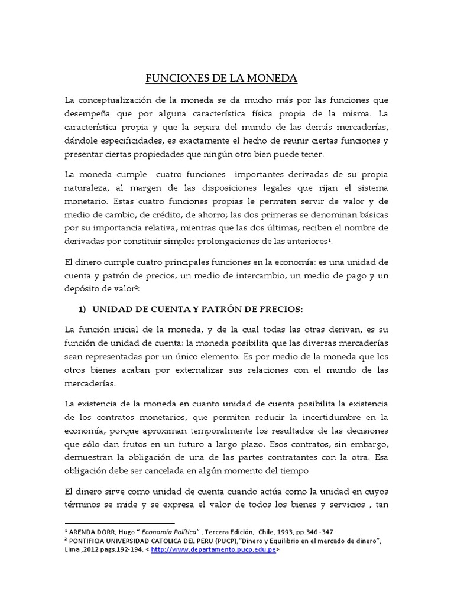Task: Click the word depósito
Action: [x=86, y=289]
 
